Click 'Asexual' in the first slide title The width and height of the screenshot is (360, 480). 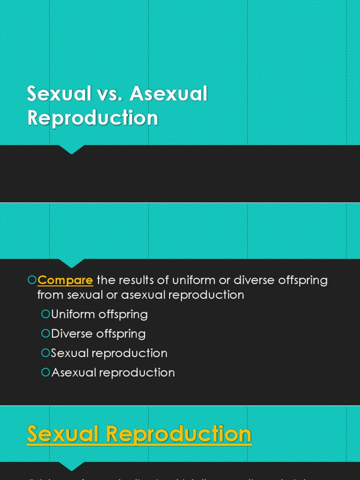click(169, 94)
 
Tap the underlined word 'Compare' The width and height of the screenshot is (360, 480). click(65, 280)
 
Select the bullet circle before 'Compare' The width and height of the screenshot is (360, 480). click(32, 280)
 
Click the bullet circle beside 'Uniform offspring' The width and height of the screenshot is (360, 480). click(45, 314)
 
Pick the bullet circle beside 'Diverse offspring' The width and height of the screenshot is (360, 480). click(45, 333)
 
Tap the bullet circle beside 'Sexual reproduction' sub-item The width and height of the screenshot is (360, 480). click(45, 352)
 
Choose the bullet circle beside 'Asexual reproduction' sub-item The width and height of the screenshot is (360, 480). click(45, 372)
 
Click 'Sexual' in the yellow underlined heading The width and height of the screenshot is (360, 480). click(63, 434)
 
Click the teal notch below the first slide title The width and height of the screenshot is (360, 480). click(72, 150)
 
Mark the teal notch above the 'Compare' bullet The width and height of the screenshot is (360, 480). click(72, 263)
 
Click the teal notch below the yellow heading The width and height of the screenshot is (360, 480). click(72, 466)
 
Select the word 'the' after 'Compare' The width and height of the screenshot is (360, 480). click(105, 280)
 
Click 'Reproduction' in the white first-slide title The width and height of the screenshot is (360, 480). click(93, 118)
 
